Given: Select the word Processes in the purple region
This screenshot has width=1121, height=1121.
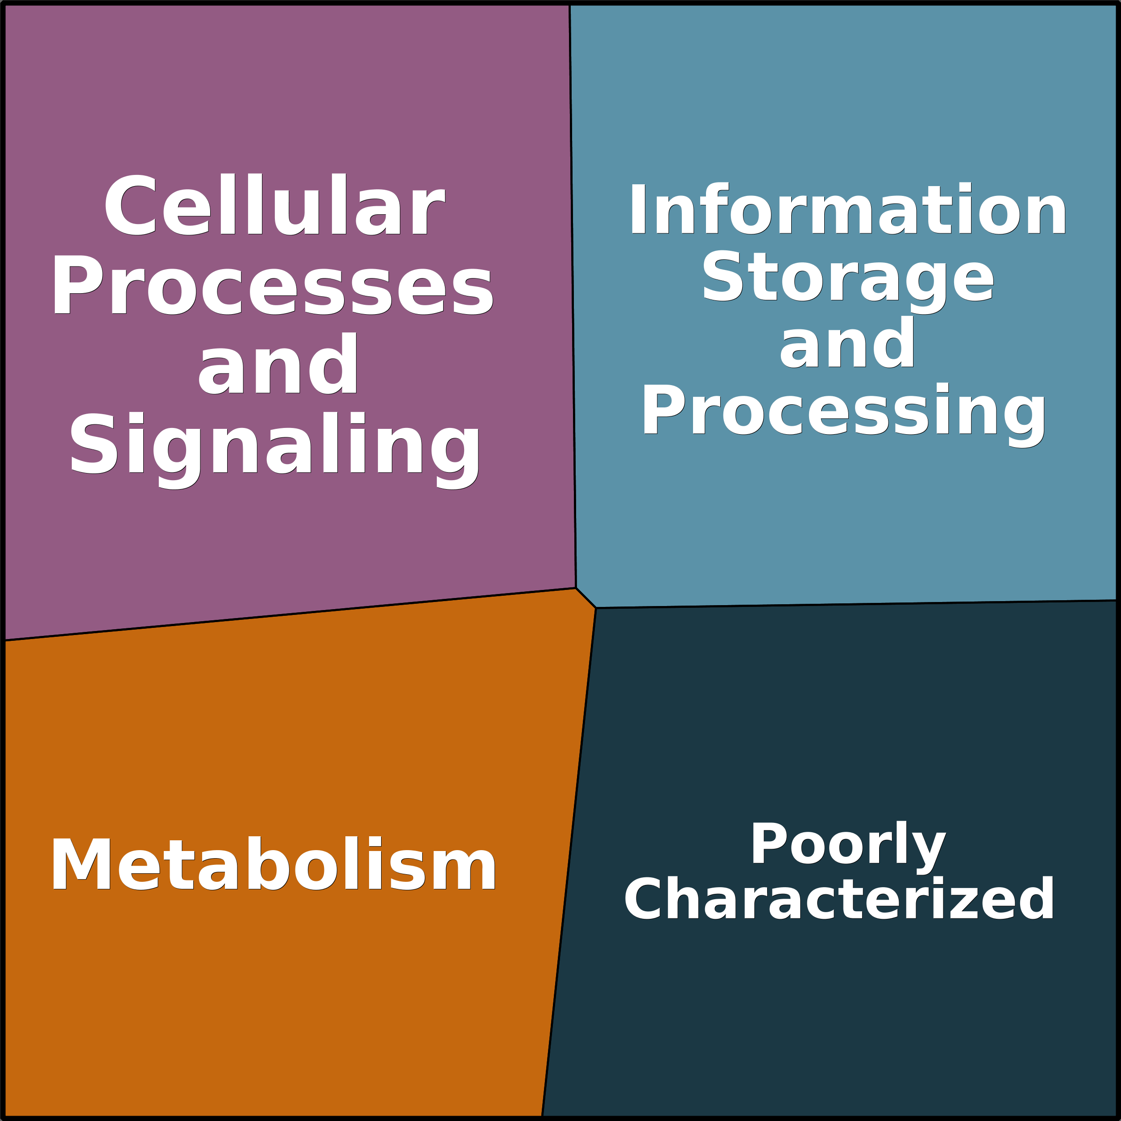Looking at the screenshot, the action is (273, 285).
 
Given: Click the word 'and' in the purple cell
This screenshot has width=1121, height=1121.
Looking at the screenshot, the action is (278, 364).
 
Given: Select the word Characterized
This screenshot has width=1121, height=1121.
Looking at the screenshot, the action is (839, 899).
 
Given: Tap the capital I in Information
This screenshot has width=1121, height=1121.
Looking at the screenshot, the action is (638, 208).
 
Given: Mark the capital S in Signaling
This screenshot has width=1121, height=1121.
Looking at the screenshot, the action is (93, 442).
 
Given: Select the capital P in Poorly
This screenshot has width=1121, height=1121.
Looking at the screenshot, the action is (769, 842).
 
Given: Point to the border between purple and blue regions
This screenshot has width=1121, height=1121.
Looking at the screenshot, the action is (573, 296).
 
